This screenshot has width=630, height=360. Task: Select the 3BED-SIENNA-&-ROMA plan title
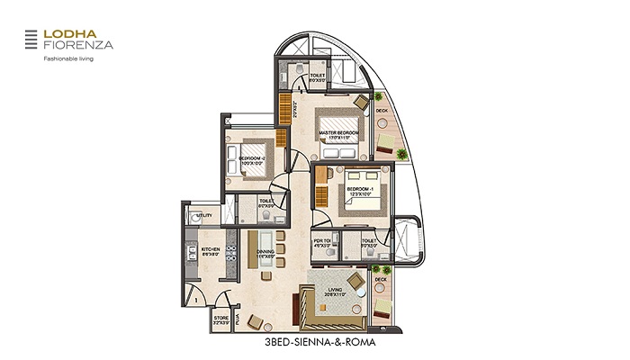pos(311,343)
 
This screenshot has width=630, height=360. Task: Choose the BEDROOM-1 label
pos(360,191)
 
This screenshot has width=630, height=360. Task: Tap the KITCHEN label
pos(211,251)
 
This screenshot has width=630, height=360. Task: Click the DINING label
pos(265,254)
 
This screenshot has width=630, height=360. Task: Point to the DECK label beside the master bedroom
pos(382,112)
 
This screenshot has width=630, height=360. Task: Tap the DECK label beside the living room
pos(381,280)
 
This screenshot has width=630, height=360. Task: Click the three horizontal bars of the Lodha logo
pos(31,39)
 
